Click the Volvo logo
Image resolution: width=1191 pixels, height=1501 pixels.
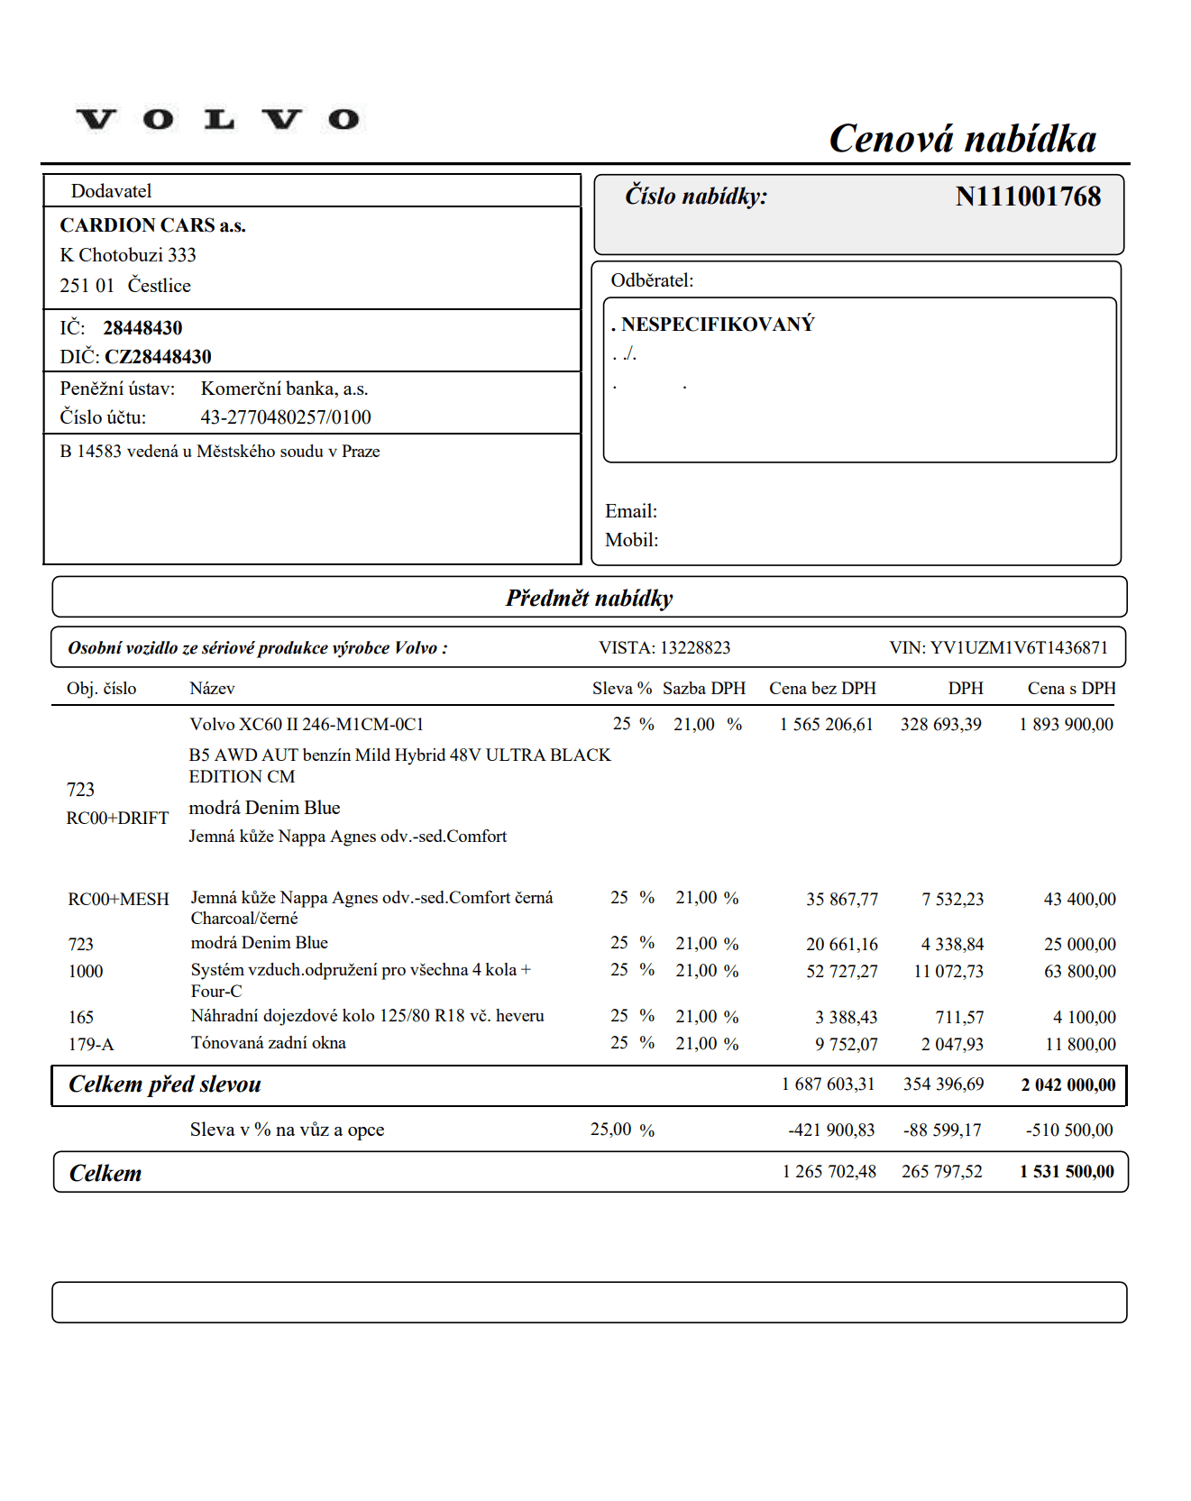click(217, 119)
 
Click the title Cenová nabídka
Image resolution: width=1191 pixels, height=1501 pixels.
click(962, 139)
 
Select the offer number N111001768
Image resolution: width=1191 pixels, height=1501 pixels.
click(1028, 197)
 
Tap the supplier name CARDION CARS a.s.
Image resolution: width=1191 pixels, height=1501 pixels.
click(152, 225)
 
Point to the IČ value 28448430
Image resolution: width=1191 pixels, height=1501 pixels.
click(142, 328)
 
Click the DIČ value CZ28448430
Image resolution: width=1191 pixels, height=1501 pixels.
click(158, 357)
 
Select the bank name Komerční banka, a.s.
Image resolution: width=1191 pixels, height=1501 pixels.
click(284, 389)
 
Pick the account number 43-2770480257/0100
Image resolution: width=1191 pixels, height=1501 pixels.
click(286, 417)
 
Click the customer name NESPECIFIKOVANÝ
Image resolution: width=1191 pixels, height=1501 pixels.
click(718, 325)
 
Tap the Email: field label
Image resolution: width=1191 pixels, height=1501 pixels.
click(631, 511)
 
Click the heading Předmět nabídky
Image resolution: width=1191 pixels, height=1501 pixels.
click(589, 598)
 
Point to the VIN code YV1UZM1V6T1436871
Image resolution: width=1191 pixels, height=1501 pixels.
click(1019, 647)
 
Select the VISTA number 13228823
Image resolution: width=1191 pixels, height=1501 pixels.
click(695, 647)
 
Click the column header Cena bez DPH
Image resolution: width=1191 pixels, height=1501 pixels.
click(822, 688)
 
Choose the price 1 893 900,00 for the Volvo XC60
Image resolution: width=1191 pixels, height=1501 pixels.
click(1066, 724)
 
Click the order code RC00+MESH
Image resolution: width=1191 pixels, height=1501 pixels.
click(118, 899)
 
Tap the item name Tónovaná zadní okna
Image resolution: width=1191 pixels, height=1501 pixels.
click(268, 1042)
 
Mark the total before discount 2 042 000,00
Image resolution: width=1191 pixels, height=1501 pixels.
click(1067, 1085)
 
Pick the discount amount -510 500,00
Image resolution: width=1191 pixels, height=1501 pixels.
click(1068, 1130)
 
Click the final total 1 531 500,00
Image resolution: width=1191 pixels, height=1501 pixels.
click(1067, 1171)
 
